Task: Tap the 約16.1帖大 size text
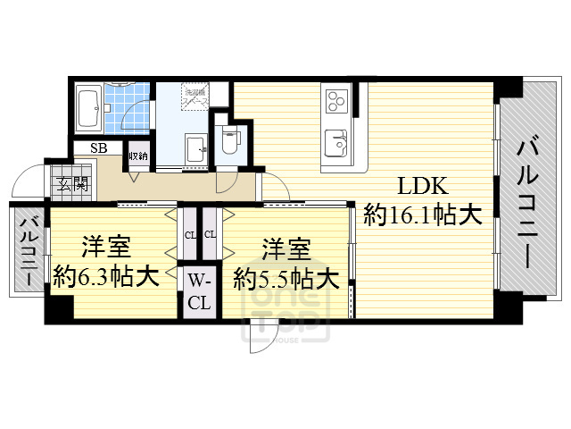tap(423, 215)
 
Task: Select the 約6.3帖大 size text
tap(106, 275)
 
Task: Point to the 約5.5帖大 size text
tap(285, 279)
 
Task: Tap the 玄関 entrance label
tap(74, 185)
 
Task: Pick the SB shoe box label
tap(97, 149)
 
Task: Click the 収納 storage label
tap(137, 156)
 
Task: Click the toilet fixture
tap(228, 139)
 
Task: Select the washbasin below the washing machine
tap(194, 147)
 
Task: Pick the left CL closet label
tap(190, 235)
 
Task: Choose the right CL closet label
tap(210, 235)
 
